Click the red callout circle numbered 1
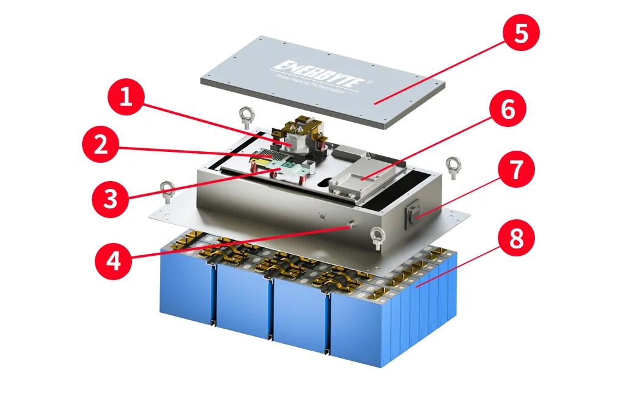click(125, 98)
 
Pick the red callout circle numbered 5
click(521, 34)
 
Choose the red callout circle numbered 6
click(508, 111)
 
